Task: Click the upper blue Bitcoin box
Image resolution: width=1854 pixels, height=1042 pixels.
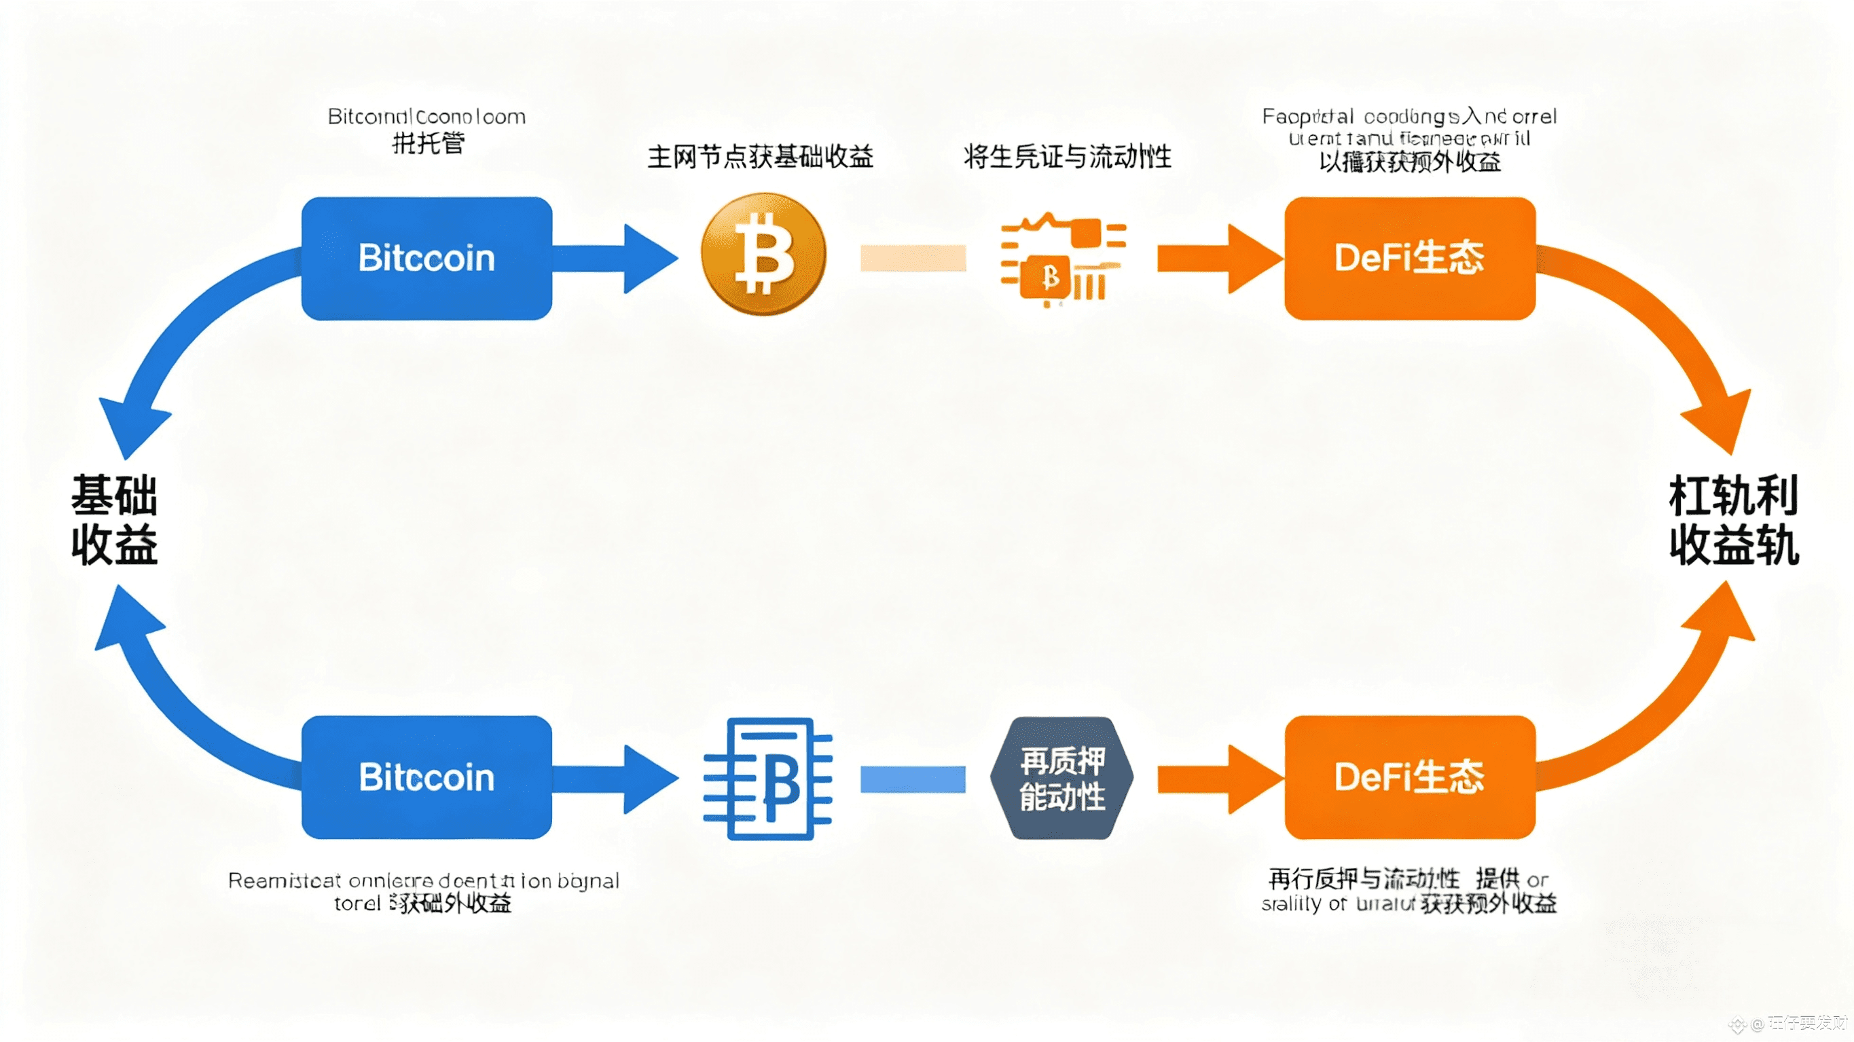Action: click(x=426, y=258)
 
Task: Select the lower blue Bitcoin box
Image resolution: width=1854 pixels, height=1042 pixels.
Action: click(x=426, y=777)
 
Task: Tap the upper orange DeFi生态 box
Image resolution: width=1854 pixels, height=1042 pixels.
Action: click(x=1409, y=258)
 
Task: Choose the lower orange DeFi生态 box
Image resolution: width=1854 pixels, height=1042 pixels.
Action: click(x=1409, y=777)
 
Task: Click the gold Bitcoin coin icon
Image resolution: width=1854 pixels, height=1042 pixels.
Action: click(x=763, y=254)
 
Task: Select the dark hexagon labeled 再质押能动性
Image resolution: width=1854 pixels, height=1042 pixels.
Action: click(x=1061, y=778)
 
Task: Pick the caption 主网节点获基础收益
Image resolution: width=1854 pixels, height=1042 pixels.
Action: click(x=760, y=156)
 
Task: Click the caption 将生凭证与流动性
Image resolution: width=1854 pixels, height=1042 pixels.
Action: click(x=1068, y=156)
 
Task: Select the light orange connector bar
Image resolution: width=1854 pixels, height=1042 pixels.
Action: click(x=913, y=258)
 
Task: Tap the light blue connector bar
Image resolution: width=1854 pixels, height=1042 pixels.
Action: click(x=913, y=779)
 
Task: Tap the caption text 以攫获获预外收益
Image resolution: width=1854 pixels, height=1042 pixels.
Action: click(x=1409, y=163)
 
